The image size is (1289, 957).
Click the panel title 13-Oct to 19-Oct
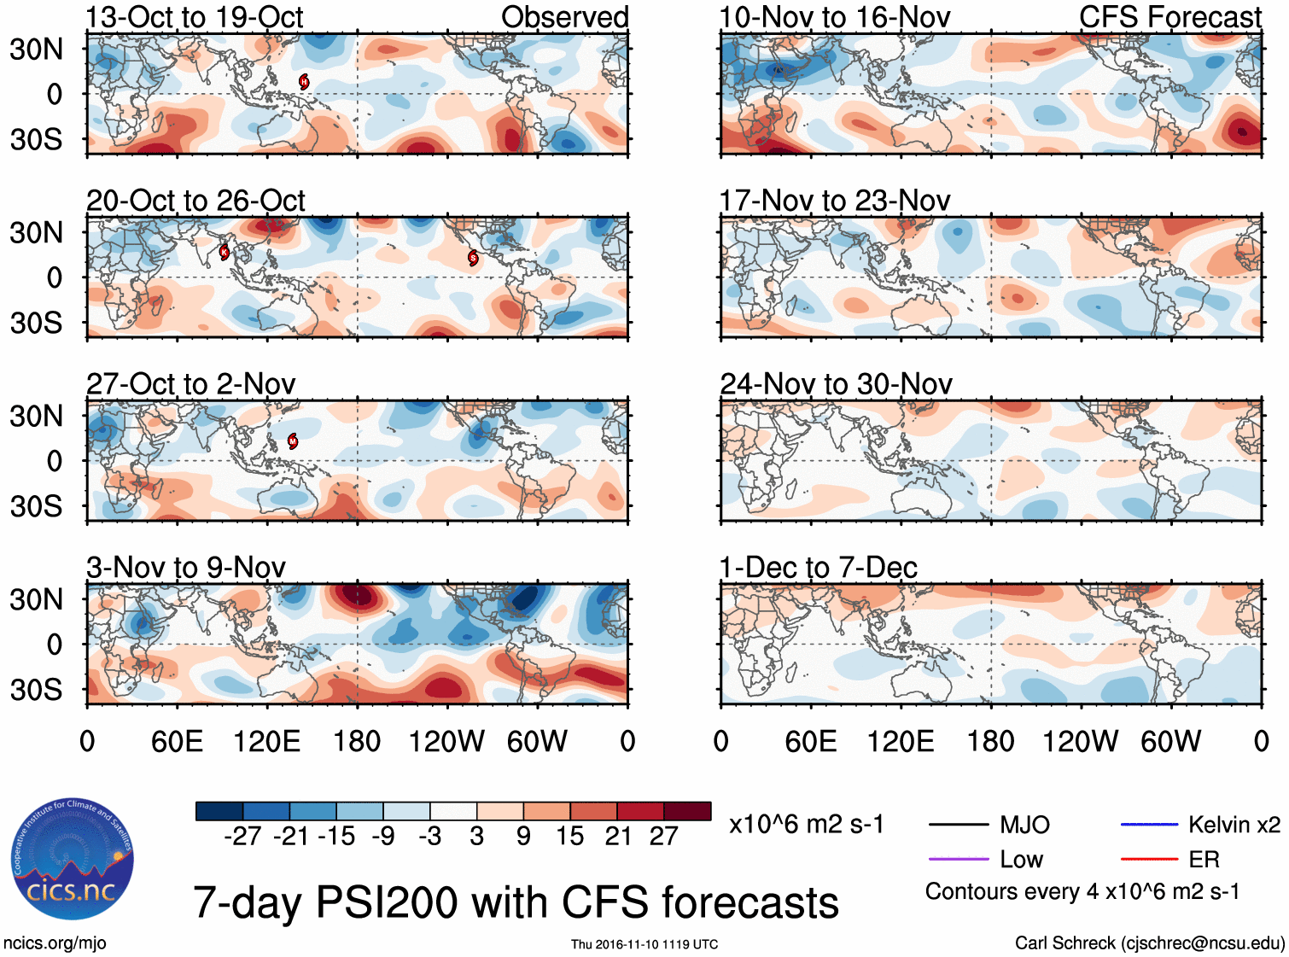(195, 17)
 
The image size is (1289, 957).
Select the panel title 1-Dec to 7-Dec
(818, 568)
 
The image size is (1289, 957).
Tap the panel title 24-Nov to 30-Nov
(836, 384)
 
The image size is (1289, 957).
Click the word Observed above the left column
(564, 17)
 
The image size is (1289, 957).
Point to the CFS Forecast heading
(1169, 17)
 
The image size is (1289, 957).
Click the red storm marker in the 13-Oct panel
(304, 82)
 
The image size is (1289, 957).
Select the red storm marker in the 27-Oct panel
(293, 441)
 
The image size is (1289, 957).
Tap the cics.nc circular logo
(73, 860)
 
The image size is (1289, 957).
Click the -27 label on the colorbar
(242, 837)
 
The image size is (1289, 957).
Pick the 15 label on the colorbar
(569, 837)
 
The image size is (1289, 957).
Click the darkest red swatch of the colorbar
(687, 811)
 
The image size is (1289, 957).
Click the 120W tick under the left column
(446, 741)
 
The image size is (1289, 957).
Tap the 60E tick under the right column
(810, 741)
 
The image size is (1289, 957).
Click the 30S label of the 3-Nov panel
(36, 690)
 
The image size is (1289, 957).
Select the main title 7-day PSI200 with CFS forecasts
(516, 902)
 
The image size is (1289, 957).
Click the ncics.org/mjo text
(55, 943)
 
